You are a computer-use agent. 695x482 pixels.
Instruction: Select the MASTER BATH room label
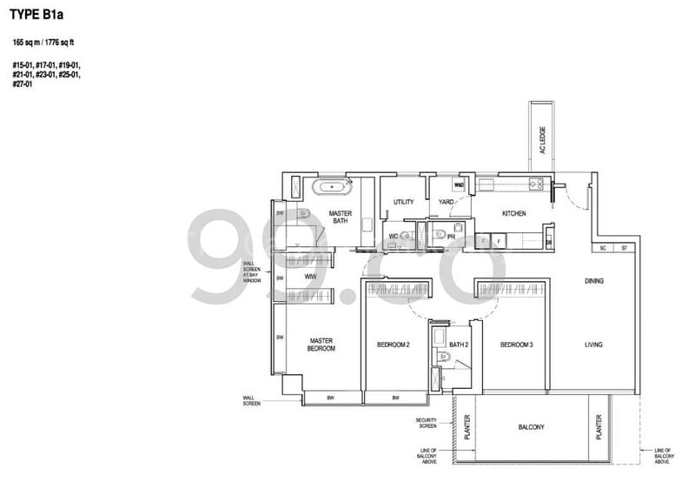[339, 217]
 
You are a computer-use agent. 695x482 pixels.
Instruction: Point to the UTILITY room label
[403, 202]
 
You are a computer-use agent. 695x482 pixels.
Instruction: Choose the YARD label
[447, 202]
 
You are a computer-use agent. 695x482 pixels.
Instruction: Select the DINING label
[593, 281]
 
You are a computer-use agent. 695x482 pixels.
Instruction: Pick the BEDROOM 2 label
[393, 345]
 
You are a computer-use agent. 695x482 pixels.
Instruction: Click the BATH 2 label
[460, 345]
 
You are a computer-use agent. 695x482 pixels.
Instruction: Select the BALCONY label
[531, 427]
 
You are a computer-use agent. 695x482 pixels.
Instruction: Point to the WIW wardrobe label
[310, 278]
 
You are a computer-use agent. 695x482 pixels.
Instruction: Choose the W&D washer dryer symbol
[459, 185]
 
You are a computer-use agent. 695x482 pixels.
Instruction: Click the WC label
[393, 236]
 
